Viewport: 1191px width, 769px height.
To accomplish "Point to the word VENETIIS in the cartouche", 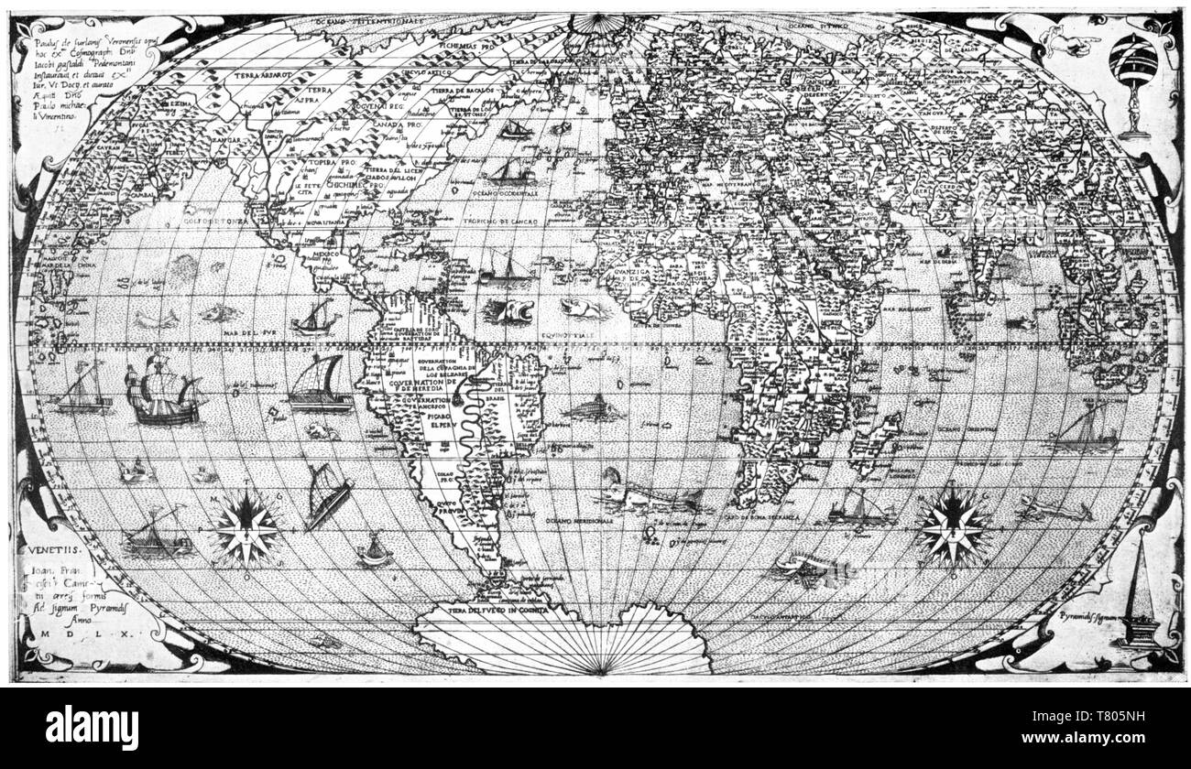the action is (x=54, y=552).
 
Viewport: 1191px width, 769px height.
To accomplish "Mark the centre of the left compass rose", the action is (x=246, y=528).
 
